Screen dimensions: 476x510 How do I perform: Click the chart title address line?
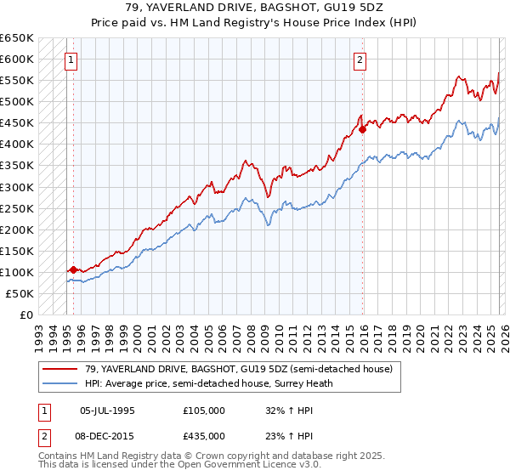tap(255, 8)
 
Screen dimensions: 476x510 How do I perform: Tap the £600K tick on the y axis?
tap(16, 59)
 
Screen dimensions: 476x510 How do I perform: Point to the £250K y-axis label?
tap(16, 208)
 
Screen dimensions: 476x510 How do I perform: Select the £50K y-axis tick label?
tap(20, 293)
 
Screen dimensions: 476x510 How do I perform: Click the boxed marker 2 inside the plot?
tap(360, 59)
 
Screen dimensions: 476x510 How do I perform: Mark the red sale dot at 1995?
tap(73, 269)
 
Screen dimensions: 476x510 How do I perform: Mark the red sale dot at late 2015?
tap(363, 129)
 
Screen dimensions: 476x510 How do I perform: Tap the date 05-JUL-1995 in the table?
tap(107, 410)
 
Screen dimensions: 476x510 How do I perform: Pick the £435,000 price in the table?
tap(203, 435)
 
